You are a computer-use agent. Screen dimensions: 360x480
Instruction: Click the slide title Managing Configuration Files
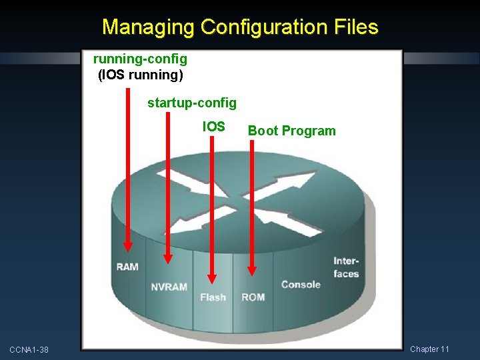240,27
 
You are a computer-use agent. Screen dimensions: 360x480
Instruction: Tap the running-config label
140,59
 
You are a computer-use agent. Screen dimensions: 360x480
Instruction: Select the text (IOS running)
140,75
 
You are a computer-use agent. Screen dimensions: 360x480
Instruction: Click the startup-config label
192,103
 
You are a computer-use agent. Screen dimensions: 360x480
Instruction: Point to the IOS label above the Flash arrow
214,127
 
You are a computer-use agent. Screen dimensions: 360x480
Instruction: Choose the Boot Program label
292,131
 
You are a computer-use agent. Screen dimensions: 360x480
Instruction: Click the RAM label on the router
127,267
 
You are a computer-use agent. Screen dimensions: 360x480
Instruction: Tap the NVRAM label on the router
169,287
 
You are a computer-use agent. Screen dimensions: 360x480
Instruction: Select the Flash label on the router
213,297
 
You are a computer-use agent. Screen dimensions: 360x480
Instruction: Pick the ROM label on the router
253,297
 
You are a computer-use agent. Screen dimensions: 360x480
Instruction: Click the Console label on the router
301,285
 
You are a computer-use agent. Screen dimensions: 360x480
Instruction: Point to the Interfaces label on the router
346,268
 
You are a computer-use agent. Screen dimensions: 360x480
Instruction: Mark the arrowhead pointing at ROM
252,269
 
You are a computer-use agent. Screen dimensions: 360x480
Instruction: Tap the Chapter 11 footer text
429,349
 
